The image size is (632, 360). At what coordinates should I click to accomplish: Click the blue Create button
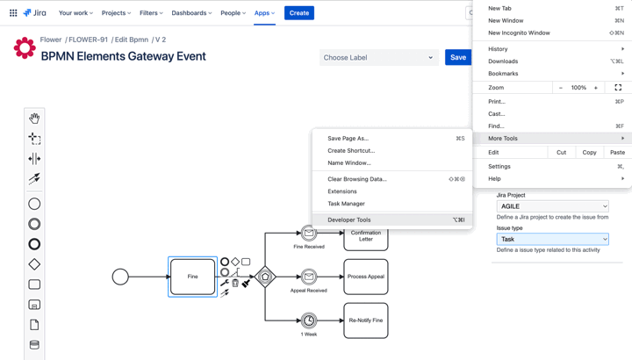pyautogui.click(x=299, y=13)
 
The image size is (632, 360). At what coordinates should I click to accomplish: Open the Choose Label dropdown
pyautogui.click(x=378, y=58)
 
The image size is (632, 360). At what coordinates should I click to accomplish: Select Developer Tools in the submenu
pyautogui.click(x=348, y=220)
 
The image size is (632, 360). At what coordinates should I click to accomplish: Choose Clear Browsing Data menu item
pyautogui.click(x=356, y=179)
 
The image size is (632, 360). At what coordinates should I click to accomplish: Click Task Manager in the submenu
pyautogui.click(x=346, y=204)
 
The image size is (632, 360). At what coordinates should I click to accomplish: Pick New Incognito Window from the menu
pyautogui.click(x=519, y=32)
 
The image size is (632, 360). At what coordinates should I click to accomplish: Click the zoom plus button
pyautogui.click(x=596, y=88)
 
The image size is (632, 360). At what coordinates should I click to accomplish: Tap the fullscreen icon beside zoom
pyautogui.click(x=618, y=88)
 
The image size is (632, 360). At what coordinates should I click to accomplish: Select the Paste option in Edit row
pyautogui.click(x=617, y=152)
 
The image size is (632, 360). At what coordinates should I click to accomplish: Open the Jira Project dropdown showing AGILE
pyautogui.click(x=552, y=206)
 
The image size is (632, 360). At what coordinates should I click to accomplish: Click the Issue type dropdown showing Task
pyautogui.click(x=552, y=239)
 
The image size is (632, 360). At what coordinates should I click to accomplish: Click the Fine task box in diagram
pyautogui.click(x=192, y=277)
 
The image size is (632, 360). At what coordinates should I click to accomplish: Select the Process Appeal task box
pyautogui.click(x=366, y=277)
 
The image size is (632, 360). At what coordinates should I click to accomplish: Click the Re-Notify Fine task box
pyautogui.click(x=366, y=320)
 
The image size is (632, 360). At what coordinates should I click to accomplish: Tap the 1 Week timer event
pyautogui.click(x=309, y=320)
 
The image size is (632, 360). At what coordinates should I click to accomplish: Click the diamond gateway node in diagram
pyautogui.click(x=265, y=277)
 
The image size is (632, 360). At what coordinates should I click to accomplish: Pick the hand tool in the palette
pyautogui.click(x=34, y=118)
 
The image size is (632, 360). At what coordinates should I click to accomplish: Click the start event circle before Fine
pyautogui.click(x=120, y=277)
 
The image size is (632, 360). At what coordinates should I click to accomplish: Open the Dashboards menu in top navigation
pyautogui.click(x=191, y=13)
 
